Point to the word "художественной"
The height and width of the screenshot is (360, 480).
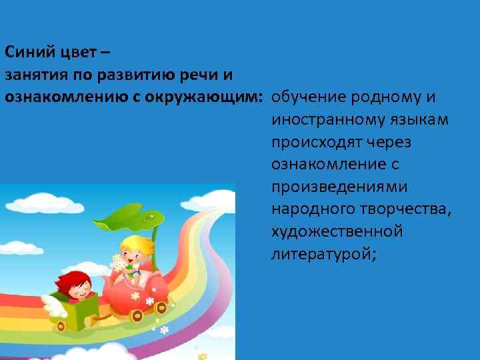[337, 232]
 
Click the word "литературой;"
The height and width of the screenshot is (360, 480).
[324, 254]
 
